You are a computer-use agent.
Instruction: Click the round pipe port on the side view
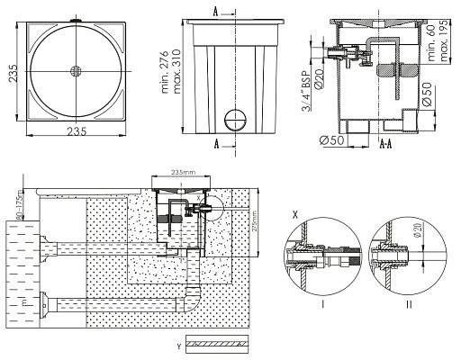(234, 117)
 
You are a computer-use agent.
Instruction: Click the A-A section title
(384, 143)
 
